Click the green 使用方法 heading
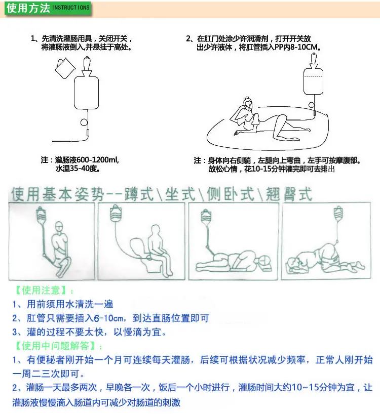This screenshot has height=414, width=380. [28, 8]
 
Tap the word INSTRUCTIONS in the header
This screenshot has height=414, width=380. [71, 8]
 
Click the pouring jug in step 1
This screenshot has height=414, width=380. [65, 68]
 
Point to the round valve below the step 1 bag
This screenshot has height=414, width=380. [84, 122]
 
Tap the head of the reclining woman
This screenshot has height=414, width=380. [248, 105]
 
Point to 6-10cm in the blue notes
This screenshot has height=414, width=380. [108, 318]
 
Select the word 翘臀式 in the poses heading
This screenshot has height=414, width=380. [289, 194]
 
